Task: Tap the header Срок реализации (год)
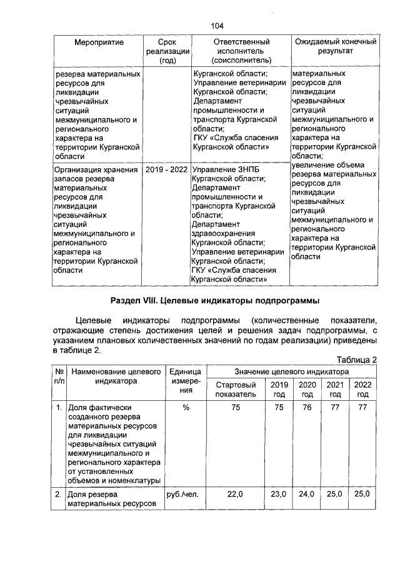pyautogui.click(x=167, y=51)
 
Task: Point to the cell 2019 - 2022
pyautogui.click(x=167, y=169)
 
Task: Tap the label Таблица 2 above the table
pyautogui.click(x=357, y=360)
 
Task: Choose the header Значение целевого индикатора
pyautogui.click(x=292, y=371)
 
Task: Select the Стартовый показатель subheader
pyautogui.click(x=236, y=390)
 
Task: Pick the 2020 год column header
pyautogui.click(x=307, y=390)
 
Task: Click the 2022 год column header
pyautogui.click(x=362, y=390)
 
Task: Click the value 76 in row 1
pyautogui.click(x=307, y=408)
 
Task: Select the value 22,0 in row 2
pyautogui.click(x=236, y=494)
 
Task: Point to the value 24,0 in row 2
pyautogui.click(x=307, y=494)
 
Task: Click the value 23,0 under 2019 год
pyautogui.click(x=279, y=494)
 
